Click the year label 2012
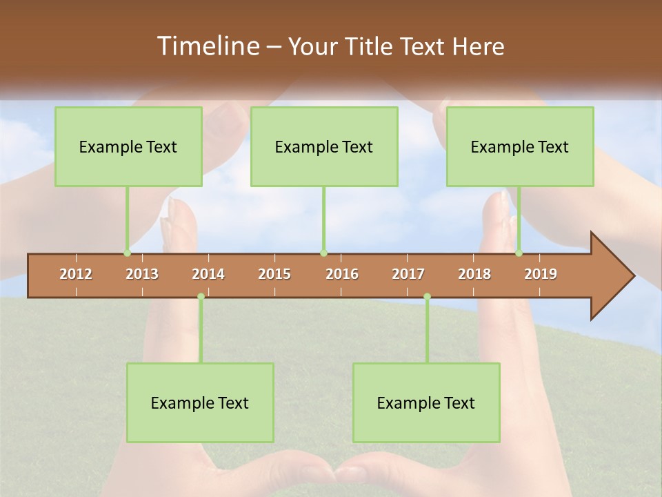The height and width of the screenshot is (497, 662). (x=76, y=274)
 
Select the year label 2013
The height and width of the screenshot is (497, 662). (x=142, y=274)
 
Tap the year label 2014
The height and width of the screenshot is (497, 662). (x=208, y=274)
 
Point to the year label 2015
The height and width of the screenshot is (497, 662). (x=274, y=274)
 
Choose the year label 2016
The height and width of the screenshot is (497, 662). (x=342, y=274)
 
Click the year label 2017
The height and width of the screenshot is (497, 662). (x=408, y=274)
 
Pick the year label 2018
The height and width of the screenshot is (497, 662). (x=474, y=274)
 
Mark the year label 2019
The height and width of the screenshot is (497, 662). (x=541, y=274)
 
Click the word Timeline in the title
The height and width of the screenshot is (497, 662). (x=208, y=46)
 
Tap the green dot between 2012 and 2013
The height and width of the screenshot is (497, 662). (x=127, y=253)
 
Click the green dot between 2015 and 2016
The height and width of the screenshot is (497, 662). (x=323, y=253)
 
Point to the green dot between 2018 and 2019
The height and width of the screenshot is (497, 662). (x=519, y=253)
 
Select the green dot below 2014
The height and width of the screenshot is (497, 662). (x=201, y=296)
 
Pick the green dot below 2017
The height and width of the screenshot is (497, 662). (x=427, y=296)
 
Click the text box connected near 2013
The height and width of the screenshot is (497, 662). (x=128, y=146)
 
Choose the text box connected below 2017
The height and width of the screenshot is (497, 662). (x=426, y=402)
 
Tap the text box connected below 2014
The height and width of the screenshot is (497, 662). (x=200, y=402)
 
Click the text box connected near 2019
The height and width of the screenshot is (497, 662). (x=520, y=146)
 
